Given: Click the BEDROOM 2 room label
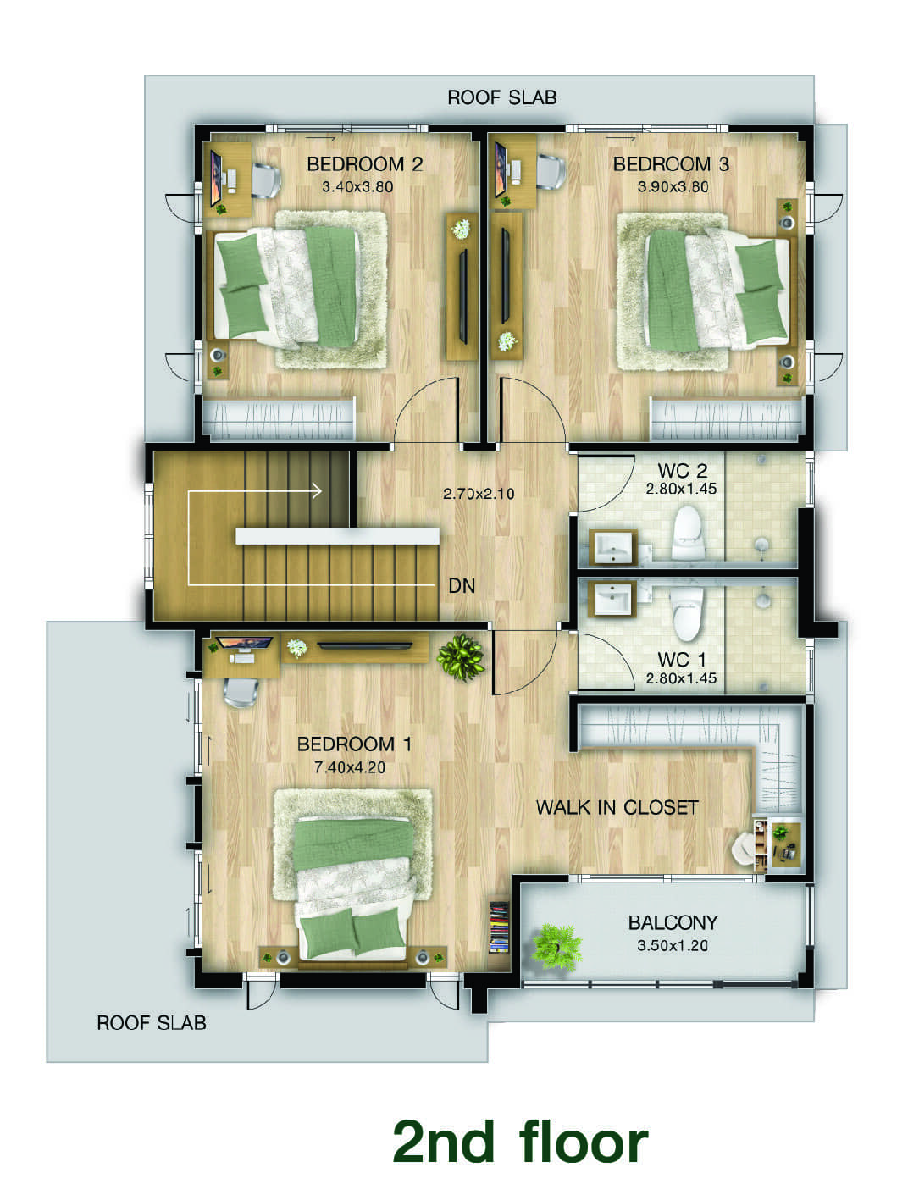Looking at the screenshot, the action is (364, 163).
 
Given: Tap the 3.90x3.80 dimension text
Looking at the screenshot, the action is (673, 186).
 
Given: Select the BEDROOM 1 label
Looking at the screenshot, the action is (354, 744).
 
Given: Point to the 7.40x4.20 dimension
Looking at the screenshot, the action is (350, 767).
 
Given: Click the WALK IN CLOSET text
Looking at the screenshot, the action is (617, 807).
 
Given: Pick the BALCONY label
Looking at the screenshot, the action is (673, 922).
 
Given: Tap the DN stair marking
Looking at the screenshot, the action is (462, 586).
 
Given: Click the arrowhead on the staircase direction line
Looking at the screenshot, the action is (316, 491).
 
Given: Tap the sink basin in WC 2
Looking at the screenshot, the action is (613, 546).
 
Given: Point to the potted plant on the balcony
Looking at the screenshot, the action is (556, 946).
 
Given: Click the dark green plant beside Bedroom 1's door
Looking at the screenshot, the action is (461, 657).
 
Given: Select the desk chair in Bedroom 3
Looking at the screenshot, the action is (551, 171).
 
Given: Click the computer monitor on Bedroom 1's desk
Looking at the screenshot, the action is (245, 643).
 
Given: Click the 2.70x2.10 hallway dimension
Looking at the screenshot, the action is (478, 494).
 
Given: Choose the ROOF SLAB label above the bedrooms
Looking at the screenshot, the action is (502, 97).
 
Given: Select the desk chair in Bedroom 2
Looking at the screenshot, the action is (266, 179).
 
